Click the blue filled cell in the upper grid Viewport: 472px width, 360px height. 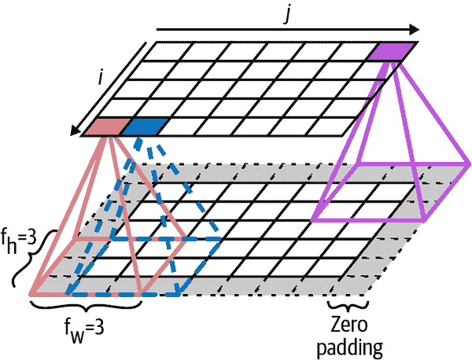pos(146,126)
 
